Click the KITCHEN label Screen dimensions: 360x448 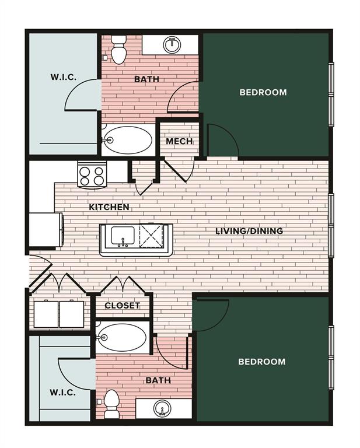tap(109, 207)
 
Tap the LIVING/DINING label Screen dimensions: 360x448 tap(249, 231)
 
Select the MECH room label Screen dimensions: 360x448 tap(179, 141)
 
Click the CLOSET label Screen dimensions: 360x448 tap(123, 306)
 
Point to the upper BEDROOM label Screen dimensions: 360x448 tap(263, 92)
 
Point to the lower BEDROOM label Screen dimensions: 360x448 tap(262, 362)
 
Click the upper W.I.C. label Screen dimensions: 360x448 tap(64, 77)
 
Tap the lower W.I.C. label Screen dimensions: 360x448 tap(62, 392)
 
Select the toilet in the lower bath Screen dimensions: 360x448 tap(111, 404)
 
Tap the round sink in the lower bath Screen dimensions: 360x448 tap(162, 408)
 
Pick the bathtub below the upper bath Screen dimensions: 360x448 tap(128, 140)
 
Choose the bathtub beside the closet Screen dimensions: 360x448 tap(123, 337)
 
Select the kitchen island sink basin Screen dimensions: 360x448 tap(123, 236)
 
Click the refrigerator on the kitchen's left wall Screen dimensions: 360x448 tap(46, 229)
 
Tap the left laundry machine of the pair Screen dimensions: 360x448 tap(46, 314)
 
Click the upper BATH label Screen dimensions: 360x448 tap(146, 79)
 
